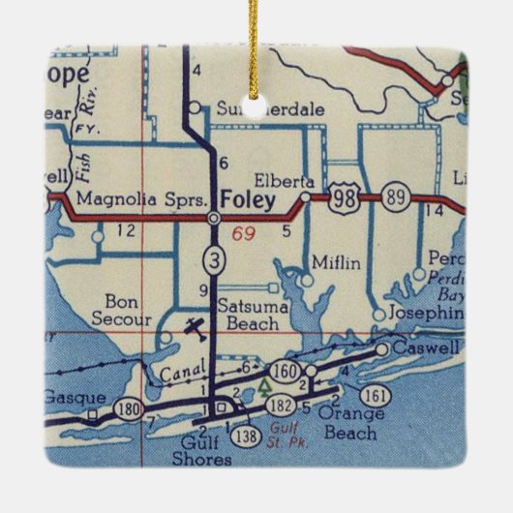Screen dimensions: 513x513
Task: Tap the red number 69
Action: (x=243, y=233)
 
